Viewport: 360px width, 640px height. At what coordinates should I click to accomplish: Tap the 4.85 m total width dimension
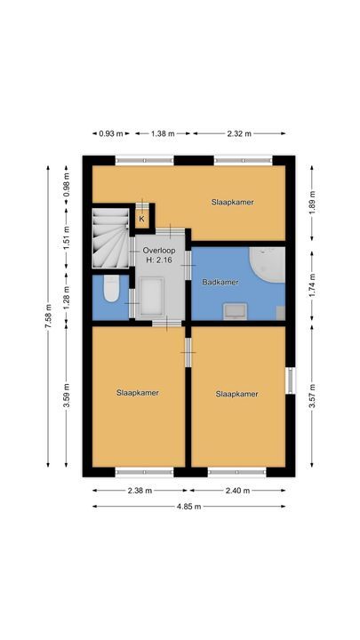188,507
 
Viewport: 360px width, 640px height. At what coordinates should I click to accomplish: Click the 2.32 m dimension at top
238,133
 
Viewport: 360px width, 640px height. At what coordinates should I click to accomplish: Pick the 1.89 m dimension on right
311,201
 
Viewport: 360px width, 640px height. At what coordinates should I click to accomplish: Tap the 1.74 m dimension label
311,283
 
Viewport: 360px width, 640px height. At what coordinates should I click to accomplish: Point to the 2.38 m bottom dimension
138,490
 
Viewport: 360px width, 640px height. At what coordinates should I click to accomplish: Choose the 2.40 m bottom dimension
237,490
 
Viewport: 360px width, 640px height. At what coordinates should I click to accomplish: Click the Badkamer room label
220,282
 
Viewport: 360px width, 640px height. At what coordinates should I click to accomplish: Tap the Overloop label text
160,252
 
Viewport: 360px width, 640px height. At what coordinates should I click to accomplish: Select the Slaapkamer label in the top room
233,202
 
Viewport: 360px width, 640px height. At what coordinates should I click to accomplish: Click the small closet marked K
140,217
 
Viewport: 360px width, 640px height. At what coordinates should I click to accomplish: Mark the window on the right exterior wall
289,380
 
